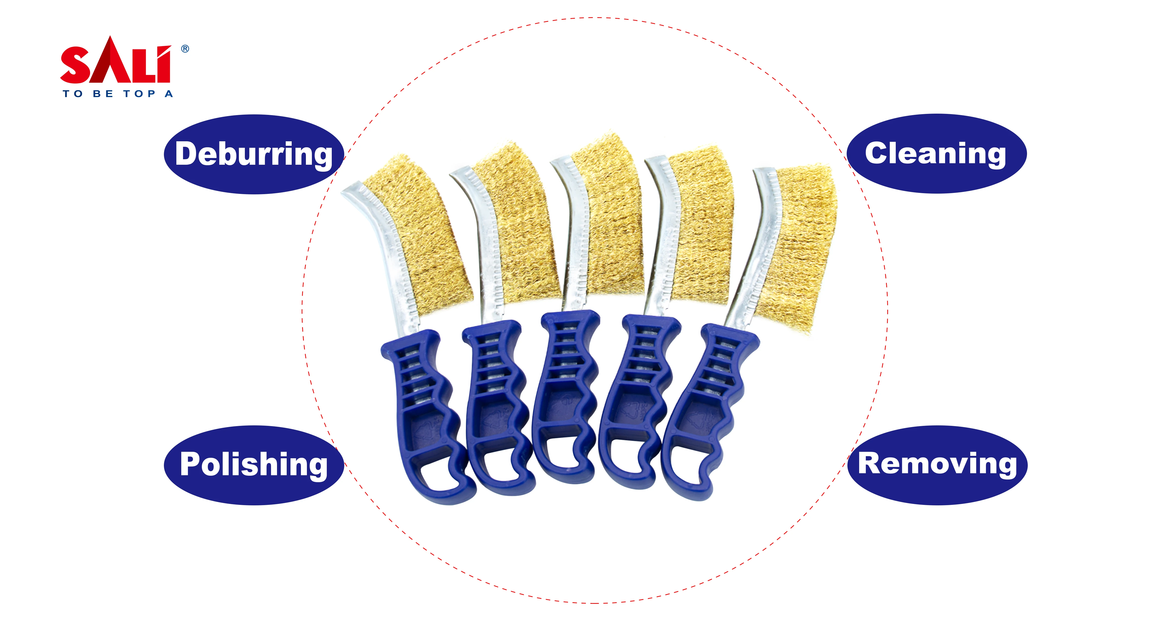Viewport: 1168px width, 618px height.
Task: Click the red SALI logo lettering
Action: point(116,64)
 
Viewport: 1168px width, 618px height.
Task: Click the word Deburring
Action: point(254,154)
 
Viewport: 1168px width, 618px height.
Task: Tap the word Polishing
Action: point(254,465)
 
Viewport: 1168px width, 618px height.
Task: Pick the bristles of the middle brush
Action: point(610,218)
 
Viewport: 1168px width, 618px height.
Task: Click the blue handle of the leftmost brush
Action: point(424,408)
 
